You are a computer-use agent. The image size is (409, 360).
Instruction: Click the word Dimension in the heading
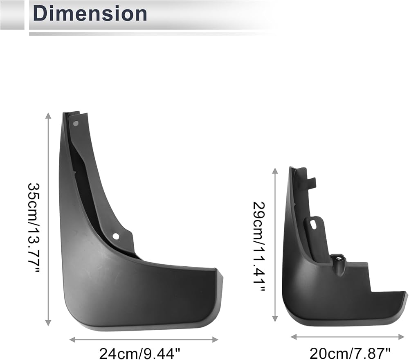pyautogui.click(x=90, y=13)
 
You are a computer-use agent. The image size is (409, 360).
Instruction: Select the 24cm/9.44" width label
pyautogui.click(x=140, y=353)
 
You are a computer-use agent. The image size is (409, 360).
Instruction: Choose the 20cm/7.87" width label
pyautogui.click(x=350, y=353)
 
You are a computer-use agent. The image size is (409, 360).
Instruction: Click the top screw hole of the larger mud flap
pyautogui.click(x=76, y=124)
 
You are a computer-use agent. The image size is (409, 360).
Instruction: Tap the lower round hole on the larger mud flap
pyautogui.click(x=116, y=236)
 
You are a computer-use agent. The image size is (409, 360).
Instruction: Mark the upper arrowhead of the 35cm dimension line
pyautogui.click(x=48, y=115)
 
